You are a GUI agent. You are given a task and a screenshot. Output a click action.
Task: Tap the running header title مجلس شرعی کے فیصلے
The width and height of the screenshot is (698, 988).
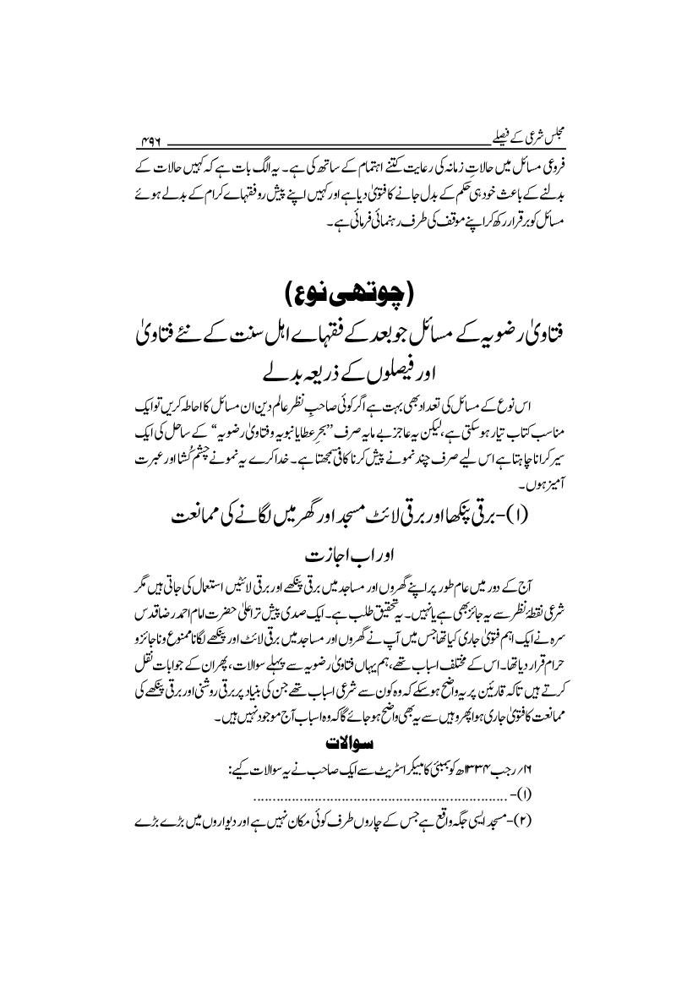pos(524,134)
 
